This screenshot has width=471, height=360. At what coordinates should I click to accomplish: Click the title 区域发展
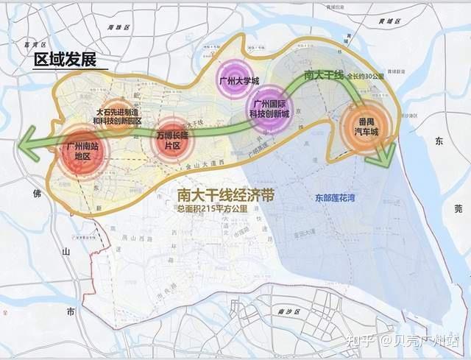pyautogui.click(x=65, y=60)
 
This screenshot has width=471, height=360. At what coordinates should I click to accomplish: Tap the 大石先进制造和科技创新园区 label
pyautogui.click(x=118, y=116)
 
